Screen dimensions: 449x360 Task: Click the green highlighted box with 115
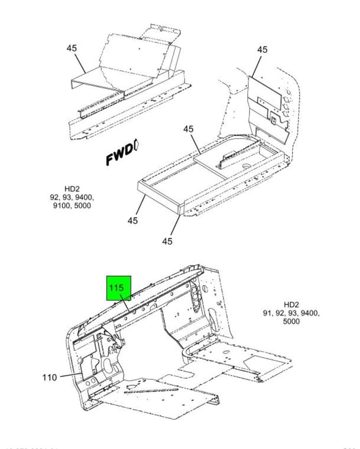point(119,288)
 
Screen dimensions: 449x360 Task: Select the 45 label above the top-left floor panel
point(72,48)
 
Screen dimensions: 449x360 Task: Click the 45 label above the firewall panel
point(262,49)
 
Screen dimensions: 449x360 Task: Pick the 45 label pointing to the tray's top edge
point(188,129)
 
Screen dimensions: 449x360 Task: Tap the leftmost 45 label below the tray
point(132,221)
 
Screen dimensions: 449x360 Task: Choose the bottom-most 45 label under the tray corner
point(167,241)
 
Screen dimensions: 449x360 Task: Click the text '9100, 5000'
point(72,206)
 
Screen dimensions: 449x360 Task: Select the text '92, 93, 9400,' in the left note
point(72,198)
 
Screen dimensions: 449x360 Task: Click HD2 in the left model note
point(72,189)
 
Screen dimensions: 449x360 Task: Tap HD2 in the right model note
point(291,305)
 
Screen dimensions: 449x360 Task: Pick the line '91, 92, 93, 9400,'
point(291,313)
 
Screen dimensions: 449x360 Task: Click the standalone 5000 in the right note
point(291,321)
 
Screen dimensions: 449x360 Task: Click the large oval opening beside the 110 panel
point(109,364)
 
